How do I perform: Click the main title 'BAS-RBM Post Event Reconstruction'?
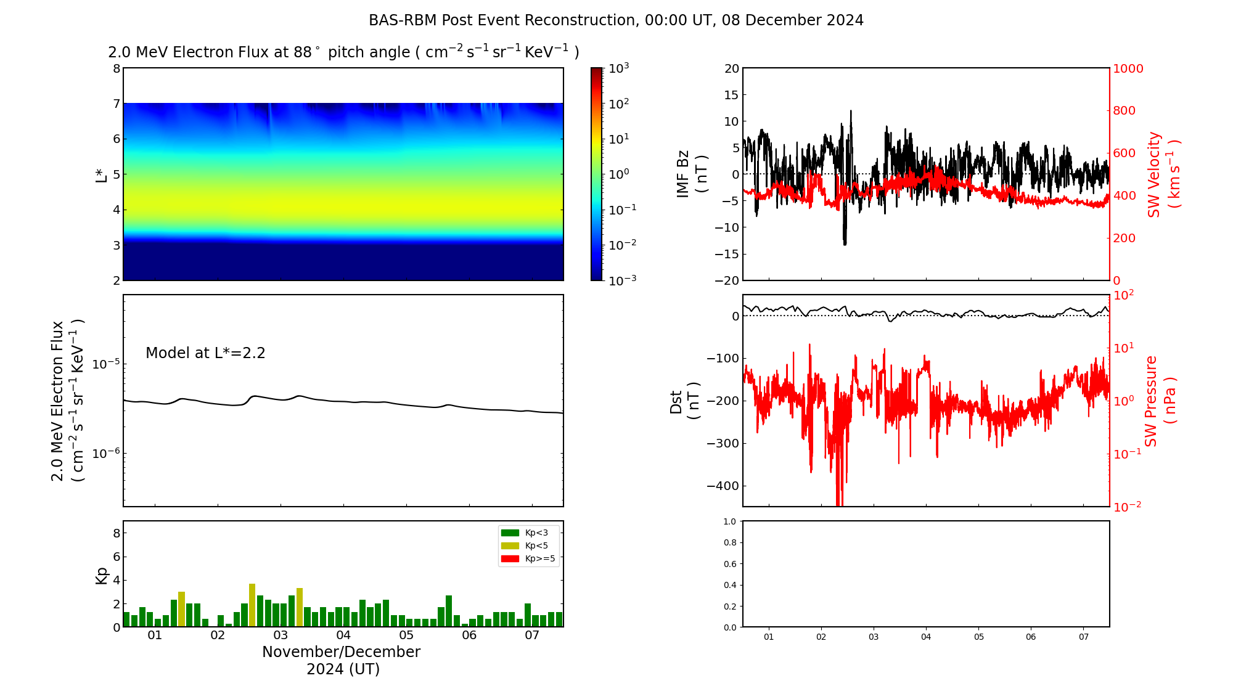point(616,20)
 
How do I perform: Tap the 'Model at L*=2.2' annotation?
point(205,353)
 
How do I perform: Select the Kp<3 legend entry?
point(529,533)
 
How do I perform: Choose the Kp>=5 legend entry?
point(529,559)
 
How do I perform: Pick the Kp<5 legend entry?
point(529,545)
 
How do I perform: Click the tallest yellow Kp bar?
point(252,605)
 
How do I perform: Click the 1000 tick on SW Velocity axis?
point(1128,68)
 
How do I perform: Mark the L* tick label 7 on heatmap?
point(116,104)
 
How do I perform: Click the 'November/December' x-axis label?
point(341,652)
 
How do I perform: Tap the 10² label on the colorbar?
point(618,103)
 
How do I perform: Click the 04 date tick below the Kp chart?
point(343,635)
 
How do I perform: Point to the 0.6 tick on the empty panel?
point(729,564)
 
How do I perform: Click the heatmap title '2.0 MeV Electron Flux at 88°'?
point(343,52)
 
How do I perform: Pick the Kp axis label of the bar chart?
point(102,575)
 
